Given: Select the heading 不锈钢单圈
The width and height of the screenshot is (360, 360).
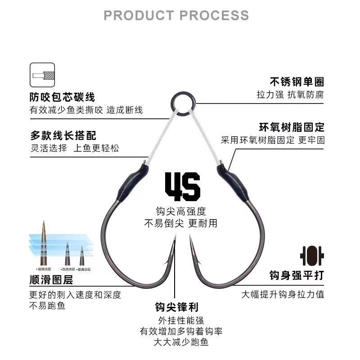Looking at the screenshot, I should [297, 82].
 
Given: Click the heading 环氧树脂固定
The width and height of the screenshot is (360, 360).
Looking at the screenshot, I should [291, 127].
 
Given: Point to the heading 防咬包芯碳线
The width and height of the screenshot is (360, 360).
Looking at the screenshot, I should [63, 97].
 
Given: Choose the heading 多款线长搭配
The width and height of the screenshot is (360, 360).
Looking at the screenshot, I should [63, 135].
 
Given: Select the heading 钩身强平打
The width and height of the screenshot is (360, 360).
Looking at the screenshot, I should [297, 275].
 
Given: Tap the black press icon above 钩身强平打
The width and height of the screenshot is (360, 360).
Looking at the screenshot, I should [312, 256].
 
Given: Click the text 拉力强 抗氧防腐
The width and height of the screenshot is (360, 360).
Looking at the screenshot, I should [290, 95].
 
